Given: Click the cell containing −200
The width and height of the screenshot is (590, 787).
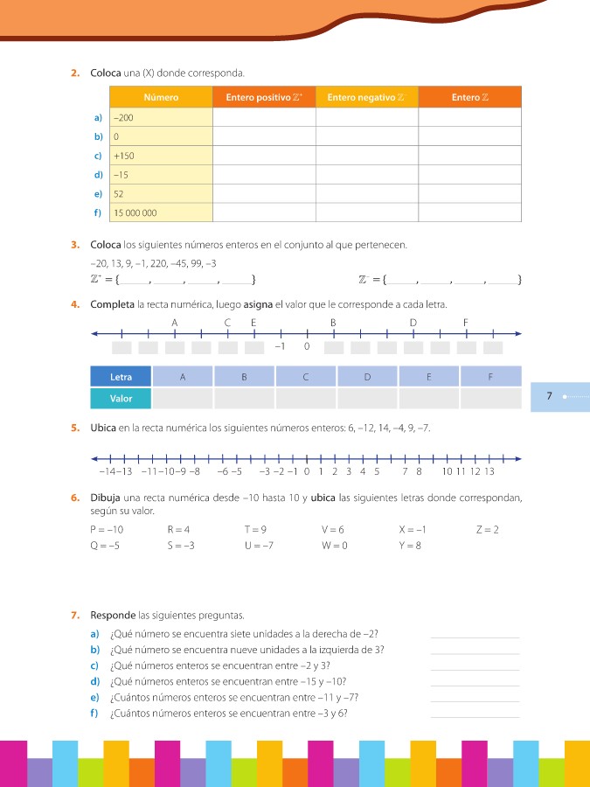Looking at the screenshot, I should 163,116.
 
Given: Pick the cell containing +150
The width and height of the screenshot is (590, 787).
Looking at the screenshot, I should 163,156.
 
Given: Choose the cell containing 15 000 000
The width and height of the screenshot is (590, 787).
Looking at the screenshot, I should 163,212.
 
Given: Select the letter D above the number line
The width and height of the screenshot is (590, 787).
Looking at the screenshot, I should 413,323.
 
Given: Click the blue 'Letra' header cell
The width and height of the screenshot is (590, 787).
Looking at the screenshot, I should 121,377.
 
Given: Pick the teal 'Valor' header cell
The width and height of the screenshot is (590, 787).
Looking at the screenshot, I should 121,399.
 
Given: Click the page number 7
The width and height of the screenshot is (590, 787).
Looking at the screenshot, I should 549,396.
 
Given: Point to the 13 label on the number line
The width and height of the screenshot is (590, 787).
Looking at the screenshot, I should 489,472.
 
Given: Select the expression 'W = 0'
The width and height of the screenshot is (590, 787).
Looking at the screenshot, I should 335,546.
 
